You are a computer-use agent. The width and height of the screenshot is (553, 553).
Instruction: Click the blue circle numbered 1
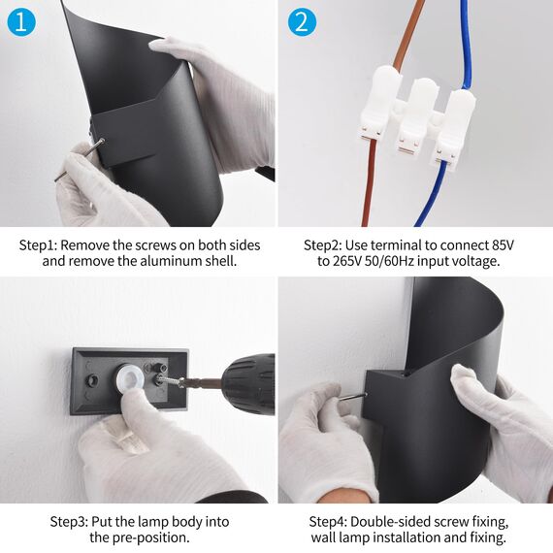(x=21, y=22)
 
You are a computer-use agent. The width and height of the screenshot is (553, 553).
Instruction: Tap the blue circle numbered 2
(x=302, y=22)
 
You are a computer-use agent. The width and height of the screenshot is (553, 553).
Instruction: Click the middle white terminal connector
(x=413, y=115)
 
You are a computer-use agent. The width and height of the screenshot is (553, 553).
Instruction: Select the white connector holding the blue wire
(x=452, y=126)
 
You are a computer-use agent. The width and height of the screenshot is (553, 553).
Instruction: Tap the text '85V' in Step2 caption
(x=504, y=245)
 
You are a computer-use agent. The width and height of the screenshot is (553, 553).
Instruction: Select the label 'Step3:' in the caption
(x=69, y=522)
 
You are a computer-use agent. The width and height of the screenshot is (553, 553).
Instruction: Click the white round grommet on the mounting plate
(x=131, y=376)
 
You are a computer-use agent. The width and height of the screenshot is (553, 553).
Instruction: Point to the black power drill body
(x=248, y=384)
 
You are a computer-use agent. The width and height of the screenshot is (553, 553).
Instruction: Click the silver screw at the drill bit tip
(x=171, y=380)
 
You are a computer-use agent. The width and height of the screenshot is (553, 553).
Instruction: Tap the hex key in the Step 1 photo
(x=80, y=160)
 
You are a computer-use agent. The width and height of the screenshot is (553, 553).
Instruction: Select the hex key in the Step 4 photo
(x=351, y=397)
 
